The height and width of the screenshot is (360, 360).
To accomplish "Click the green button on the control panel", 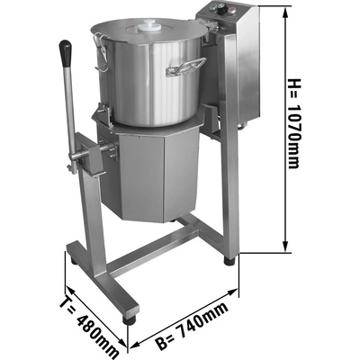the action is (212, 8).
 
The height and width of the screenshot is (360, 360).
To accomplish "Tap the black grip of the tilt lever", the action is (66, 53).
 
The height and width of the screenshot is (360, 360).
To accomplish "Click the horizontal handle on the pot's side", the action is (185, 67).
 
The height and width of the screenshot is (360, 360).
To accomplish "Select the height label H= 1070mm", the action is (293, 123).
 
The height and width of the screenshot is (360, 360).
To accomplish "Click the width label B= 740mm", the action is (193, 326).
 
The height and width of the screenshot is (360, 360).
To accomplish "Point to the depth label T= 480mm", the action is (90, 326).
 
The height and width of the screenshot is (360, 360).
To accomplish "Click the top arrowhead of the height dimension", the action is (285, 13).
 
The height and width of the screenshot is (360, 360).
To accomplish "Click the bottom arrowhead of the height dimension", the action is (285, 245).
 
